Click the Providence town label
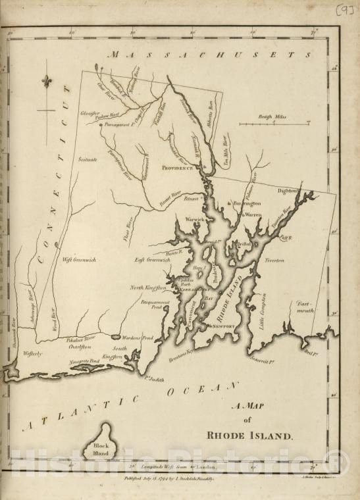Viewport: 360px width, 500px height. pyautogui.click(x=178, y=168)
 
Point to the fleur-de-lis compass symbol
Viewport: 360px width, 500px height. pyautogui.click(x=46, y=82)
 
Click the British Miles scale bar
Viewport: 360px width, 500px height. pyautogui.click(x=274, y=123)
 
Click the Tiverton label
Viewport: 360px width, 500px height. pyautogui.click(x=274, y=261)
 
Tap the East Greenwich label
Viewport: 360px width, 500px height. pyautogui.click(x=153, y=260)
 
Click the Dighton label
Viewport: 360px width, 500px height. pyautogui.click(x=288, y=191)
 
